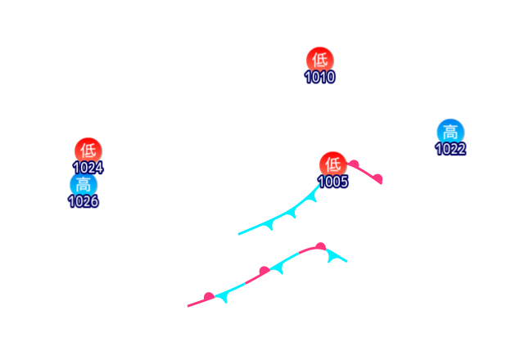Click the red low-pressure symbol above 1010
click(x=320, y=60)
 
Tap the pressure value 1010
click(x=320, y=77)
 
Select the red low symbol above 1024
click(x=88, y=151)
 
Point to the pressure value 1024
click(x=88, y=168)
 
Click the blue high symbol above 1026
click(x=83, y=184)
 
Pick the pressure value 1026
click(x=83, y=201)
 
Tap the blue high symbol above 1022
click(x=450, y=132)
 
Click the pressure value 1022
click(x=450, y=149)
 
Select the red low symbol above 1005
click(x=332, y=164)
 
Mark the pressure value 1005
click(x=333, y=182)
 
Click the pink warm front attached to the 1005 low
click(x=366, y=173)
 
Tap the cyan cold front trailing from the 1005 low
click(x=278, y=218)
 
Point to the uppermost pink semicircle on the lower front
click(x=320, y=245)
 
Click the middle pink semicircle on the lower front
click(x=264, y=271)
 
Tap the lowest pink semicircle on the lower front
click(x=209, y=296)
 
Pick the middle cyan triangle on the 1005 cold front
click(x=291, y=213)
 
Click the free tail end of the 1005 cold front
click(x=238, y=235)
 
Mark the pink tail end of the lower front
click(x=188, y=306)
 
